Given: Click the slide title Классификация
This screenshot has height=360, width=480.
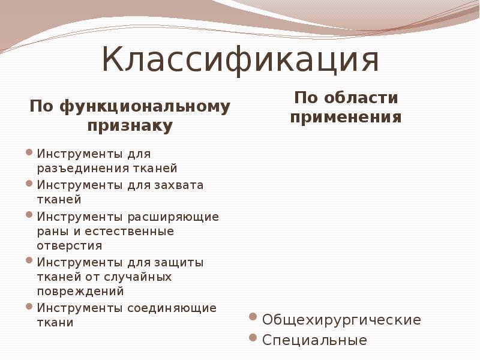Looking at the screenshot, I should pyautogui.click(x=240, y=61).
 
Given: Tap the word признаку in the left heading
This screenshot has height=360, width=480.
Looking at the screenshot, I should pyautogui.click(x=130, y=126).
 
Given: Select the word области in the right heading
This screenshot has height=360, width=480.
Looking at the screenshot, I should pyautogui.click(x=361, y=97).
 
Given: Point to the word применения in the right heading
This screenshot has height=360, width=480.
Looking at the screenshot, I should pyautogui.click(x=346, y=116).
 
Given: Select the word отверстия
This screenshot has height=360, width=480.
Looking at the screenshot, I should pyautogui.click(x=70, y=246).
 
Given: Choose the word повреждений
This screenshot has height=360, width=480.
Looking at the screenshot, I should pyautogui.click(x=80, y=292).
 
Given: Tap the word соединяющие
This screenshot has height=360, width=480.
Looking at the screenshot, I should pyautogui.click(x=172, y=308).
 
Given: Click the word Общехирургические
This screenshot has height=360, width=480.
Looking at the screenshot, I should pyautogui.click(x=342, y=320).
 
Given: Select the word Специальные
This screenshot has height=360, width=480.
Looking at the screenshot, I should pyautogui.click(x=315, y=340).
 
